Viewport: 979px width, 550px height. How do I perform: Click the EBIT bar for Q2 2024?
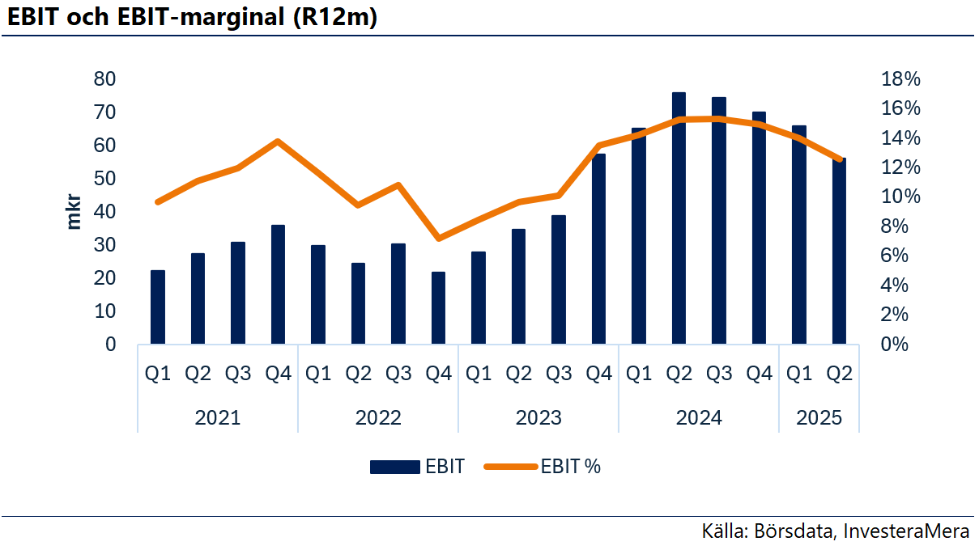[679, 218]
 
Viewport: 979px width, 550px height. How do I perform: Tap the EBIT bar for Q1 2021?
[158, 307]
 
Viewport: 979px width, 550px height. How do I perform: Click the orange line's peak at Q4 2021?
[278, 142]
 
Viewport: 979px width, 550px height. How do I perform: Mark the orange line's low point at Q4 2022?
[438, 239]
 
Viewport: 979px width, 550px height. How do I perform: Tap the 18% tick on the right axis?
[901, 79]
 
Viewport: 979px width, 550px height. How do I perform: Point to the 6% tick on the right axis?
[901, 256]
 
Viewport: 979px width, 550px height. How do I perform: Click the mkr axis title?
[74, 212]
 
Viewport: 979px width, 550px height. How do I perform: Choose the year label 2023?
[538, 418]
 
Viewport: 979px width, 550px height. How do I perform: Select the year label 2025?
[819, 418]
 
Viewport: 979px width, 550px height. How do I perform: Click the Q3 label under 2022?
[398, 374]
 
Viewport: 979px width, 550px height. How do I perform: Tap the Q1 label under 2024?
[639, 374]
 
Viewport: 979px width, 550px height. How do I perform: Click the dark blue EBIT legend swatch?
[396, 467]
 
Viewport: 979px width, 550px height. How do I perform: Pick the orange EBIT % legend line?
[510, 467]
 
